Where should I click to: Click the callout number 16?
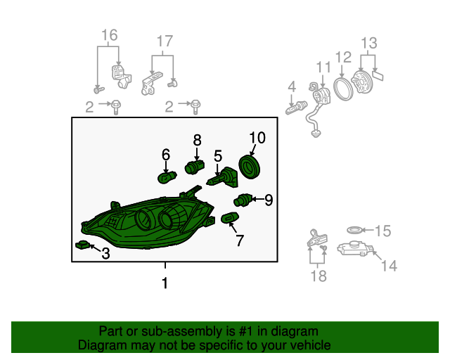(110, 35)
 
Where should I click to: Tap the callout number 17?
(165, 41)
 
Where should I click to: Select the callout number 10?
(257, 138)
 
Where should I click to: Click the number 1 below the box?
(165, 283)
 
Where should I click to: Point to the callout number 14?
(389, 266)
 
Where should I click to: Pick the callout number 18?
(319, 276)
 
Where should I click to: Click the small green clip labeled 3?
(82, 245)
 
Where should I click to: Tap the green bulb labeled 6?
(167, 177)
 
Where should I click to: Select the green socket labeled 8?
(195, 167)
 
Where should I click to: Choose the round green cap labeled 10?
(250, 167)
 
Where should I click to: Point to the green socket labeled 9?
(243, 200)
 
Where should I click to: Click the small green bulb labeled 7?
(230, 218)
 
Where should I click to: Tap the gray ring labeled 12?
(343, 89)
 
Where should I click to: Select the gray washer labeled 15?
(354, 230)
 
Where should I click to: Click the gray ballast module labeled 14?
(354, 249)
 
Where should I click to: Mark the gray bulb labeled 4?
(297, 108)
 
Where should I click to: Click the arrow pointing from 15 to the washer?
(367, 230)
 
